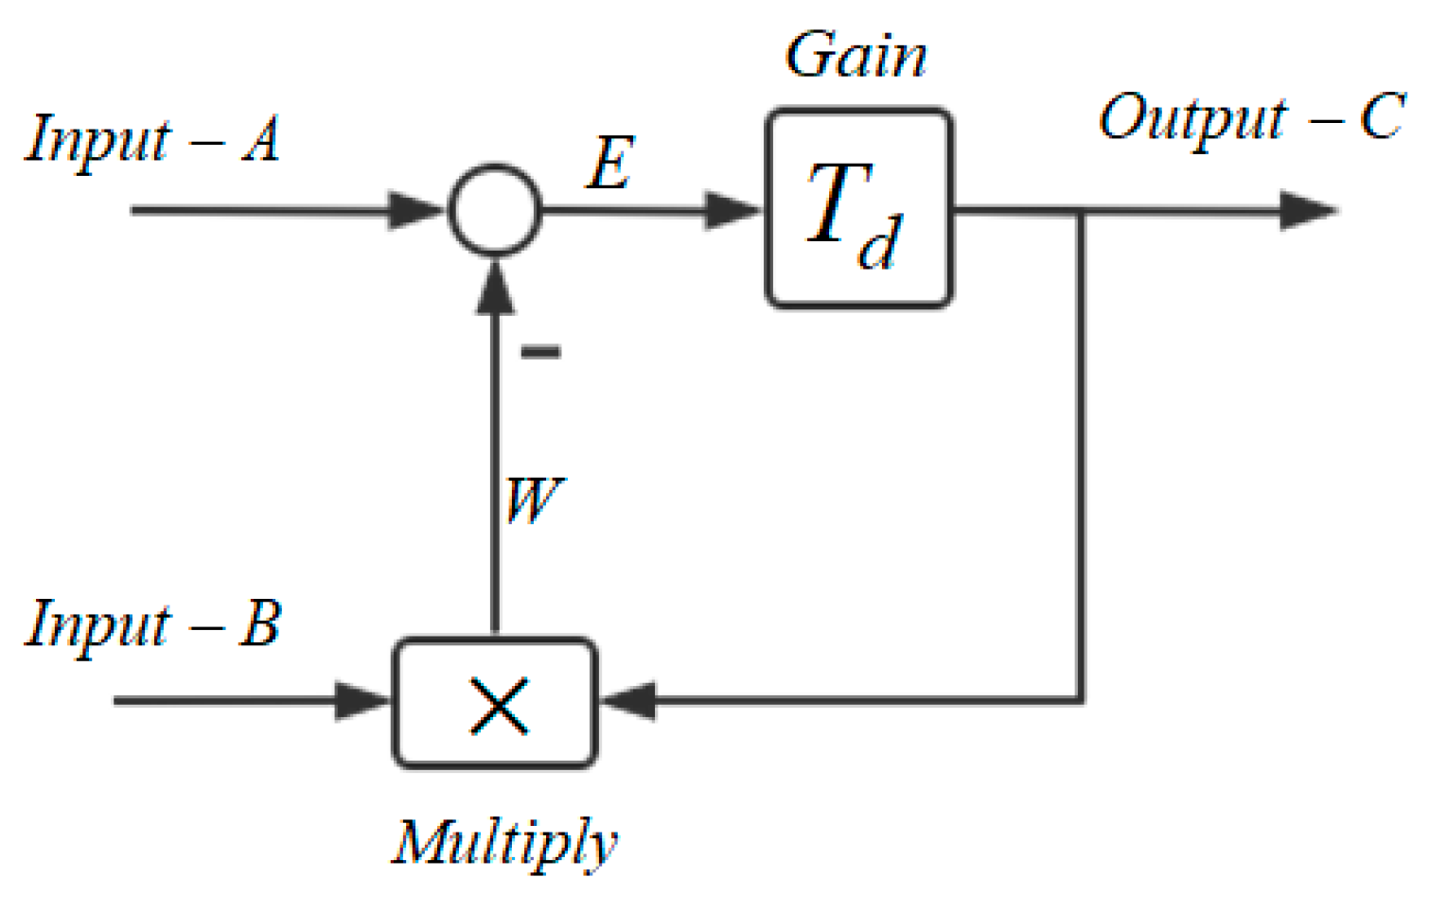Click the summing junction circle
[x=494, y=209]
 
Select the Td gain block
[x=857, y=209]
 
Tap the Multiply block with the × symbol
[x=494, y=703]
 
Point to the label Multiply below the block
[x=505, y=842]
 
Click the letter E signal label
[x=609, y=164]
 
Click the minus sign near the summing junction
[x=540, y=352]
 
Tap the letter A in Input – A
[x=262, y=140]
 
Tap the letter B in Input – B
[x=260, y=624]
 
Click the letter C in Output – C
[x=1383, y=117]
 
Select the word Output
[x=1192, y=119]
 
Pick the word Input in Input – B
[x=98, y=624]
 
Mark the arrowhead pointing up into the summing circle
[x=494, y=288]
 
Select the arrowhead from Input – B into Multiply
[x=363, y=702]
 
